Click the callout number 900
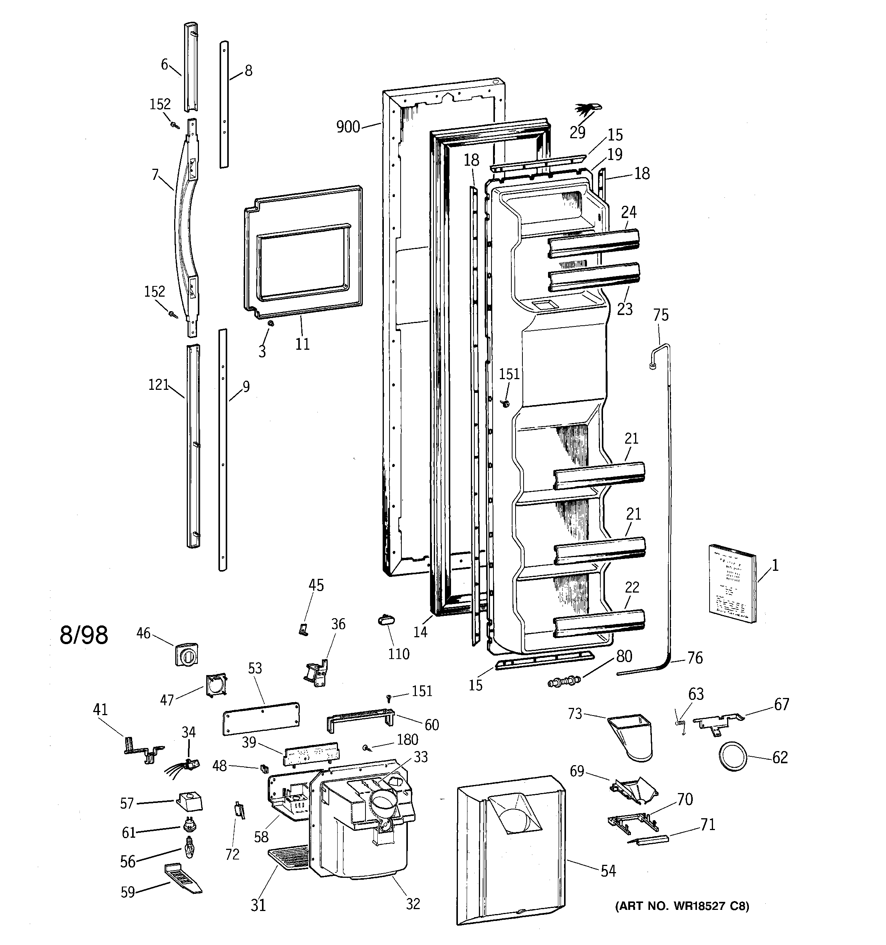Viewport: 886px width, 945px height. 348,127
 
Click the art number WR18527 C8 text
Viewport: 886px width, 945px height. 682,906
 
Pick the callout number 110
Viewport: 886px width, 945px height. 399,654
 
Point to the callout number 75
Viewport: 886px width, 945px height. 661,315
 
